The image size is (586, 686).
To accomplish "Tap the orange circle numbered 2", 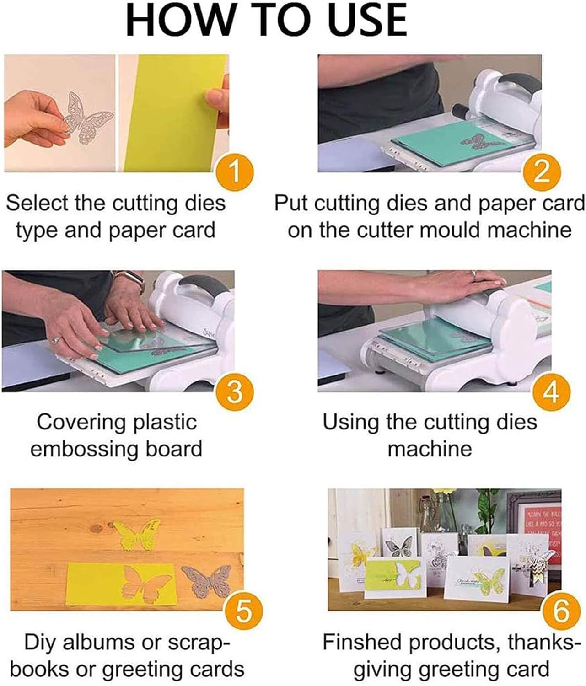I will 542,172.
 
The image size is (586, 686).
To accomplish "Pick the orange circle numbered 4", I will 552,391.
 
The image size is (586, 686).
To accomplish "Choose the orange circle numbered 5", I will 243,611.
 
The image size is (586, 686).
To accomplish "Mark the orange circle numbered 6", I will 561,611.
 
